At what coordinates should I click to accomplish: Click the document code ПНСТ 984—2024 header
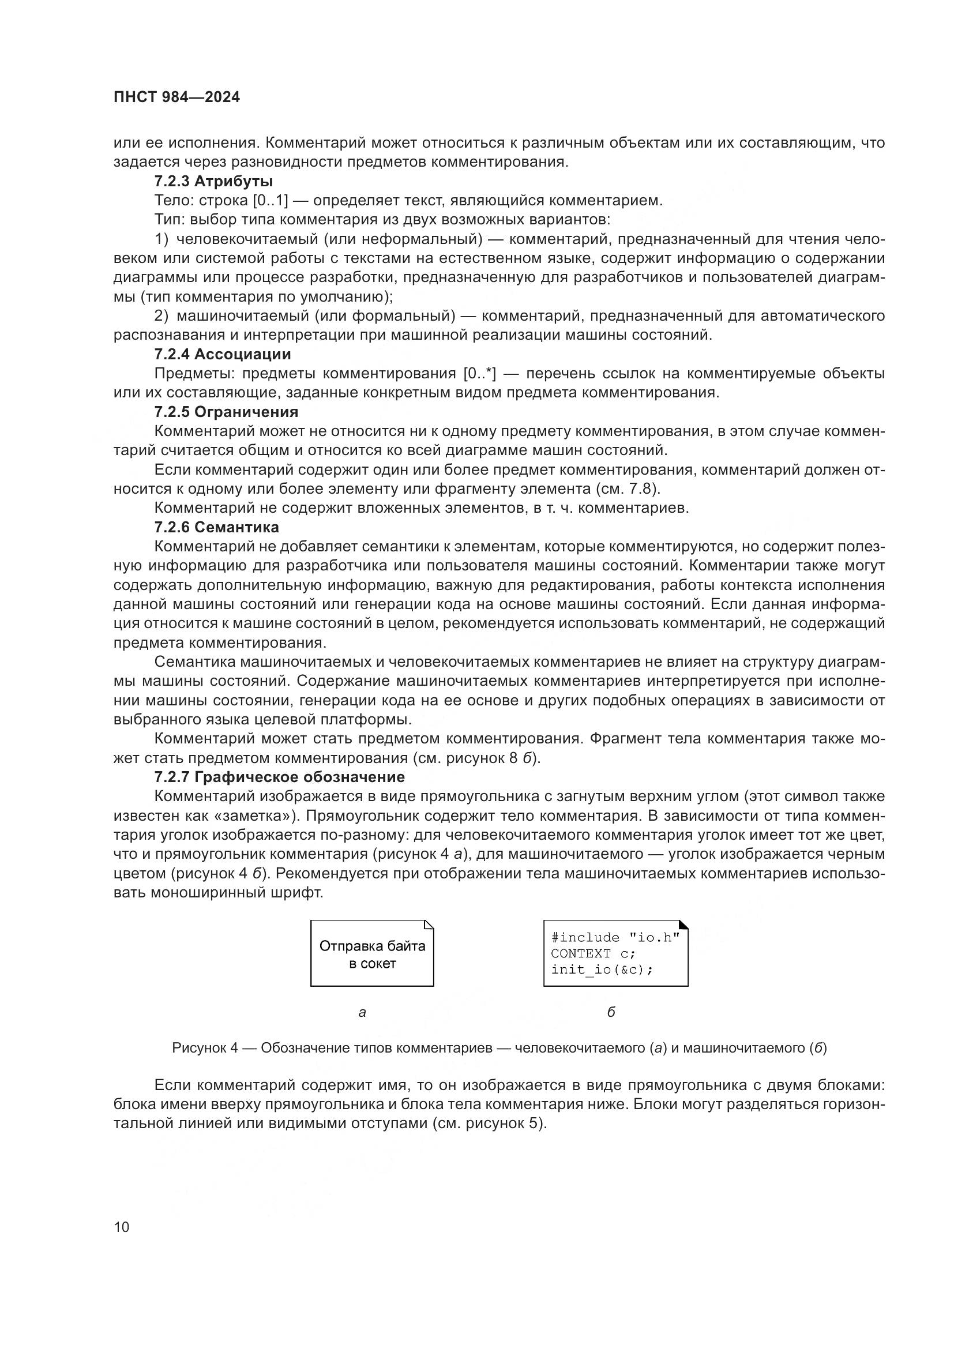coord(176,97)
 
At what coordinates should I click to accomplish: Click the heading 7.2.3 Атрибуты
coord(213,182)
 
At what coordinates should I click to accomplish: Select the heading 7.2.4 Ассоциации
coord(223,354)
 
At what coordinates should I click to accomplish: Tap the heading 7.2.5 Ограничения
coord(226,412)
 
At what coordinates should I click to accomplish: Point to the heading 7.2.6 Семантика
coord(217,527)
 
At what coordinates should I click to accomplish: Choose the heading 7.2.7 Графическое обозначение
coord(280,777)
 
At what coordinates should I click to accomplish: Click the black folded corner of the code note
coord(683,925)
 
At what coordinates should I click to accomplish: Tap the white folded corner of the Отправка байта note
coord(429,925)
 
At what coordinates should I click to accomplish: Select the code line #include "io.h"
coord(615,938)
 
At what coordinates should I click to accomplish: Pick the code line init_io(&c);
coord(602,970)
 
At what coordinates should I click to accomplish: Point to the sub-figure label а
coord(362,1012)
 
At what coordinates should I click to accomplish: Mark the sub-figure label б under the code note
coord(611,1012)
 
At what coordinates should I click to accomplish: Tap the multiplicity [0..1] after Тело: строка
coord(270,201)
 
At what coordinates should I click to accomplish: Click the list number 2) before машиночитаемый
coord(161,316)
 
